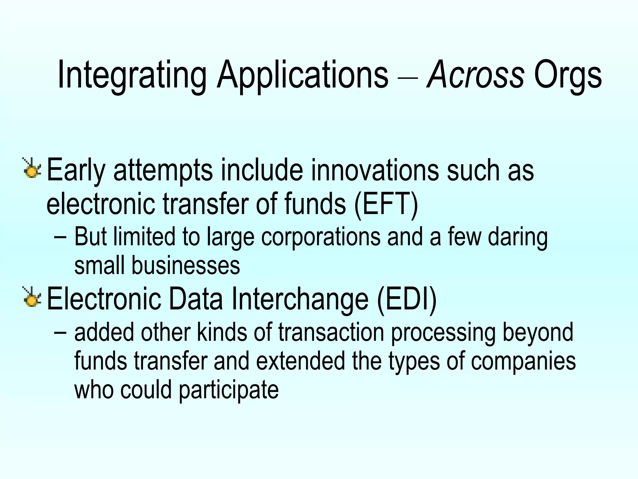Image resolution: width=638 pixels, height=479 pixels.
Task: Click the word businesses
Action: pyautogui.click(x=186, y=266)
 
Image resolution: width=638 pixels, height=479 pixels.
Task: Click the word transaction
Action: pyautogui.click(x=331, y=332)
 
